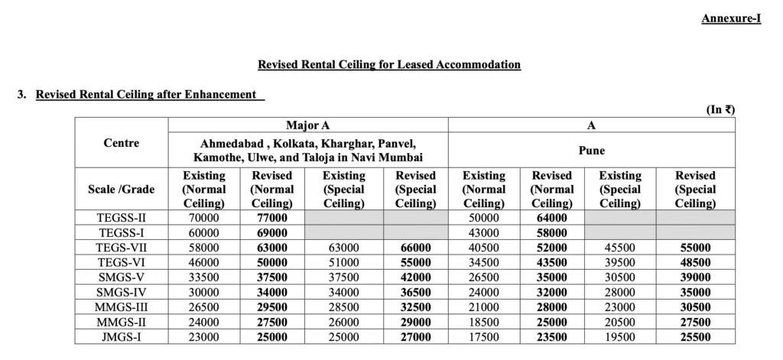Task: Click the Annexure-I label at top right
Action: coord(731,18)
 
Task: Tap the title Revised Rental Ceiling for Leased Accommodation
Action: coord(389,64)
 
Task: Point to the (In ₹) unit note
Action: coord(720,109)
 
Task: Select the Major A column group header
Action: coord(307,125)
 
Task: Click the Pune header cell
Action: coord(591,151)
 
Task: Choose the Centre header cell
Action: coord(121,143)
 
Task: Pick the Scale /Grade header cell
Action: coord(121,189)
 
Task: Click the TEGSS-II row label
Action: coord(121,218)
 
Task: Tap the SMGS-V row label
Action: coord(121,277)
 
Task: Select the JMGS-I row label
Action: coord(121,336)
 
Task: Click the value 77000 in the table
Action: coord(272,218)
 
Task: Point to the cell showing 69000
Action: coord(272,232)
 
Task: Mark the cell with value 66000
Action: coord(415,248)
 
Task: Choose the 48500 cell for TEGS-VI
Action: coord(695,262)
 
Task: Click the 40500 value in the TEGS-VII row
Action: coord(483,248)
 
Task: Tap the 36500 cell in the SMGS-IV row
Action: coord(415,292)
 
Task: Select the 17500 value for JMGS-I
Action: coord(483,336)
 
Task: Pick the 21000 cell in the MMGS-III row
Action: coord(483,306)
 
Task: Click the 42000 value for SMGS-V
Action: coord(415,277)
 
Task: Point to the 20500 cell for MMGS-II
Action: coord(619,322)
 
